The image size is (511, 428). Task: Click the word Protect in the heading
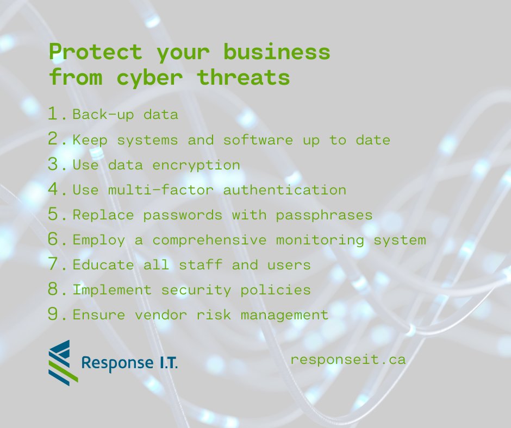(95, 53)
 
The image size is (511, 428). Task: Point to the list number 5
(56, 214)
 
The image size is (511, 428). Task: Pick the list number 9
(56, 314)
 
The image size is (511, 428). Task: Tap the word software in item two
(258, 140)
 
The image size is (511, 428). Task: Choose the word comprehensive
(214, 240)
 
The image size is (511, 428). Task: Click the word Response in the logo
(114, 362)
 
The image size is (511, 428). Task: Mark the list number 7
(56, 265)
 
